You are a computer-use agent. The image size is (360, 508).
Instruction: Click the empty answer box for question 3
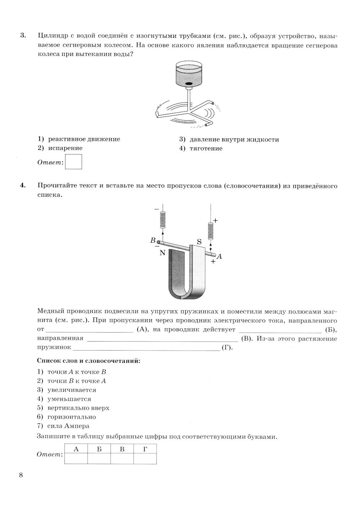pyautogui.click(x=74, y=162)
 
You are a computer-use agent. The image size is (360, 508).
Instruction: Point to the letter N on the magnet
pyautogui.click(x=162, y=253)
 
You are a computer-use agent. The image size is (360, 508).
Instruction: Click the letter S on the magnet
pyautogui.click(x=199, y=242)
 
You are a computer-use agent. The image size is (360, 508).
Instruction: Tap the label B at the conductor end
pyautogui.click(x=153, y=240)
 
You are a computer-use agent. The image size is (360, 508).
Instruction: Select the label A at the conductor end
pyautogui.click(x=220, y=257)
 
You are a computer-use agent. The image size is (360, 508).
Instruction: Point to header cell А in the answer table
pyautogui.click(x=76, y=449)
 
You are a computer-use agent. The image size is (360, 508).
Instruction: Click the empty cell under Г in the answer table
pyautogui.click(x=145, y=459)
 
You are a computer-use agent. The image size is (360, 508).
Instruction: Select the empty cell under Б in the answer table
pyautogui.click(x=99, y=459)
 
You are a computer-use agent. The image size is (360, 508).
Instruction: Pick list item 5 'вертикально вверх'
pyautogui.click(x=78, y=408)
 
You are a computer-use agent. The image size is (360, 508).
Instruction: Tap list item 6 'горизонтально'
pyautogui.click(x=71, y=417)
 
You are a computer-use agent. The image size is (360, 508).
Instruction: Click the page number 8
pyautogui.click(x=21, y=475)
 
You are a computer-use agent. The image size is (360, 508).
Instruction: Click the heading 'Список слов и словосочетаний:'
pyautogui.click(x=89, y=361)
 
